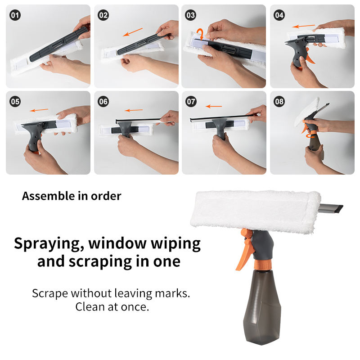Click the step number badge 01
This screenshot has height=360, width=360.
[x=15, y=15]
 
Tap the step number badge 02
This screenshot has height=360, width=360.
[x=103, y=15]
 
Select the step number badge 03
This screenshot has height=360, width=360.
[x=190, y=15]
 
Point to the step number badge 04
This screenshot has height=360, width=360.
[x=279, y=15]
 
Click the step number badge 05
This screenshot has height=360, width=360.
[x=15, y=102]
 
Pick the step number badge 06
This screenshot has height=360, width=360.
[x=103, y=102]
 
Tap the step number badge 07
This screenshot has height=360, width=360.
[x=191, y=102]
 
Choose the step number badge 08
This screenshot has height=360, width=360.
[x=279, y=102]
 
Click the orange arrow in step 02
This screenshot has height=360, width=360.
[x=133, y=32]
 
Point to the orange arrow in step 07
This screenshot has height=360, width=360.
[x=214, y=106]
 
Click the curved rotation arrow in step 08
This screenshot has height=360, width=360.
[x=310, y=136]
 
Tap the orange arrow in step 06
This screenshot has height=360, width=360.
[x=134, y=110]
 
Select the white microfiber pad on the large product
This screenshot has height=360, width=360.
[x=255, y=211]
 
